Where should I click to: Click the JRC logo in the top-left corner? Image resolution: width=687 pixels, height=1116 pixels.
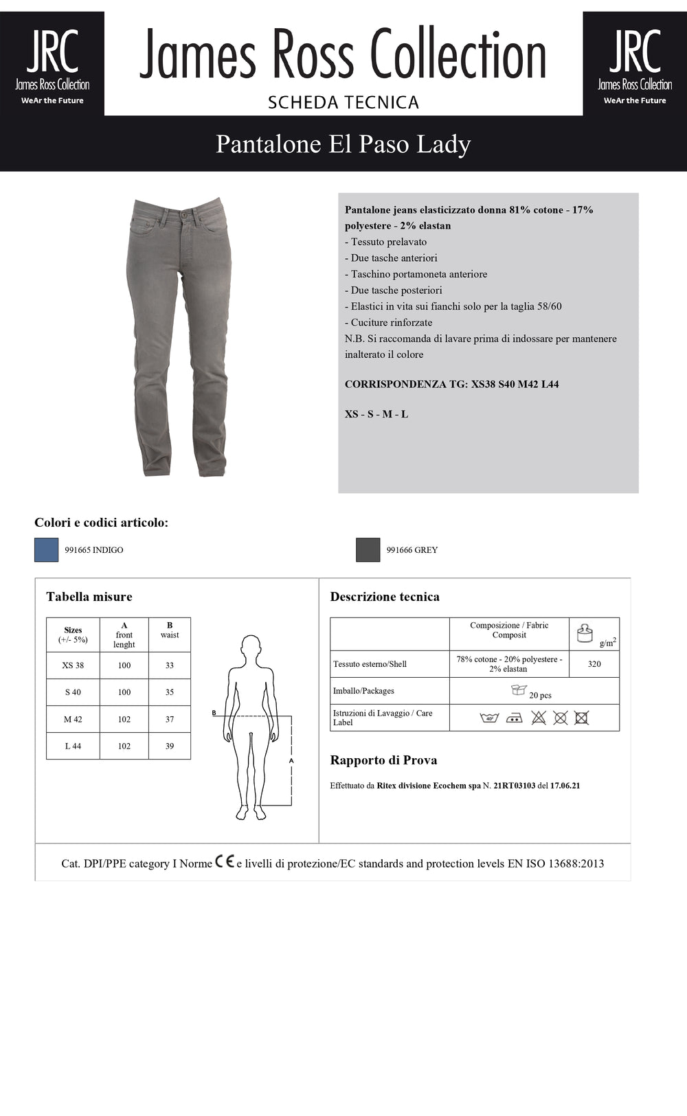pyautogui.click(x=52, y=63)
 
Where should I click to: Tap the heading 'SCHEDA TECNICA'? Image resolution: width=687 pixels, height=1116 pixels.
pyautogui.click(x=343, y=102)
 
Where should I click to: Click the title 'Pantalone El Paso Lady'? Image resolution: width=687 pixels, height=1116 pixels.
pyautogui.click(x=343, y=144)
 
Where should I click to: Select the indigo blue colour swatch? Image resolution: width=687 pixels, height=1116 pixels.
pyautogui.click(x=47, y=550)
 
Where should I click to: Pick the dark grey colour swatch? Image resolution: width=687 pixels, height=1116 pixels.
pyautogui.click(x=368, y=550)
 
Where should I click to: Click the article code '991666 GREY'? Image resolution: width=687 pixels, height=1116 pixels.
pyautogui.click(x=412, y=550)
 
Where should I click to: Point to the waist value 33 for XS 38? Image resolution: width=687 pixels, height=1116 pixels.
pyautogui.click(x=170, y=665)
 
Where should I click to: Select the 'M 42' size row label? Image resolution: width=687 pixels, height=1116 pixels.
pyautogui.click(x=73, y=720)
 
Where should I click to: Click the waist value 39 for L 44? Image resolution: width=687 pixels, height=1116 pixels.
pyautogui.click(x=170, y=747)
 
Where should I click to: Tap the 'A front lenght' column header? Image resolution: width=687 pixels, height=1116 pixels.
pyautogui.click(x=124, y=635)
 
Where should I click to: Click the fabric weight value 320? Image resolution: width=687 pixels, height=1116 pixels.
pyautogui.click(x=594, y=664)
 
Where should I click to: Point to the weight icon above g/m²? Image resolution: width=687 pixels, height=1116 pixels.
pyautogui.click(x=585, y=633)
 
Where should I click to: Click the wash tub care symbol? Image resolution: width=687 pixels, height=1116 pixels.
pyautogui.click(x=489, y=718)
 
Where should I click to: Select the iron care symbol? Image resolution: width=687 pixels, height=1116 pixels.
pyautogui.click(x=514, y=718)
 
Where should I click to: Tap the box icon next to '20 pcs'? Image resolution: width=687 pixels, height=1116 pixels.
pyautogui.click(x=519, y=690)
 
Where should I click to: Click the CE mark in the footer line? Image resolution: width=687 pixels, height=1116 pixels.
pyautogui.click(x=225, y=862)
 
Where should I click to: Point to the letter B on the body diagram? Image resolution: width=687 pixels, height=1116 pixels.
pyautogui.click(x=214, y=713)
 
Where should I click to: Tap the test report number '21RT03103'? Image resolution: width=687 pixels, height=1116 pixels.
pyautogui.click(x=514, y=786)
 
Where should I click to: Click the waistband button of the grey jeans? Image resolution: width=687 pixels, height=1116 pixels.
pyautogui.click(x=183, y=216)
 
